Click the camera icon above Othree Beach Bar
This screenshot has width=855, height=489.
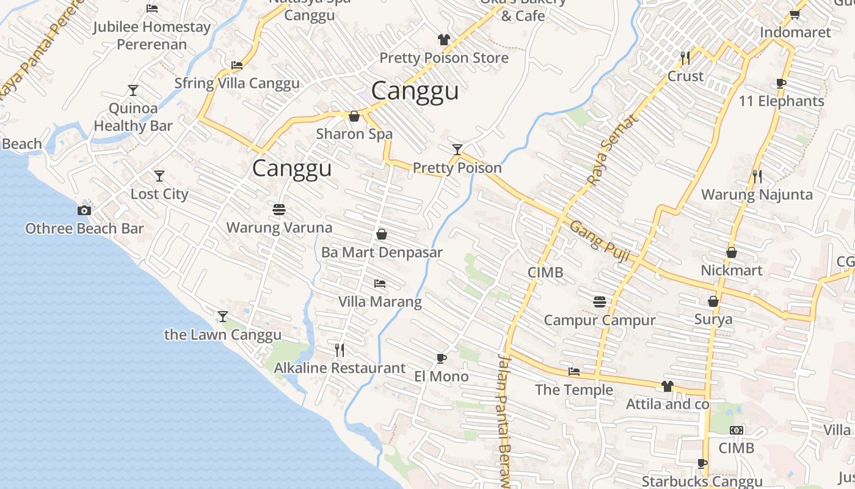coord(84,211)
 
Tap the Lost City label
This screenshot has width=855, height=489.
coord(159,194)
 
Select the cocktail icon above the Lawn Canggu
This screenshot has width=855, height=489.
coord(223,316)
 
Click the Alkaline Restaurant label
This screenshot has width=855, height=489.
coord(340,368)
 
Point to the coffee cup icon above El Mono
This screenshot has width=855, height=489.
coord(442,358)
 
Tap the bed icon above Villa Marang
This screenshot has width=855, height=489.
coord(380,284)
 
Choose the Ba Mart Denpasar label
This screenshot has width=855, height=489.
coord(382,252)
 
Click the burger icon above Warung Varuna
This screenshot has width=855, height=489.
coord(279,210)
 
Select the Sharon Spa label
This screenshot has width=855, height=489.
coord(354,134)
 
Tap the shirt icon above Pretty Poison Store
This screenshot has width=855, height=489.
coord(444,40)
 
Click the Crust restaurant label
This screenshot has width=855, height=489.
coord(685,76)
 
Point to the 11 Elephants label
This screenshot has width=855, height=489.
coord(782,101)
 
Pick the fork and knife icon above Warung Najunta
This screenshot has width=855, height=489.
coord(757,177)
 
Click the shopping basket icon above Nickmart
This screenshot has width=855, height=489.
coord(732,252)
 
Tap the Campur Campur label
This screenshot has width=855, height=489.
coord(600,320)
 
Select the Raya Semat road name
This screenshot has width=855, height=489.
coord(613,150)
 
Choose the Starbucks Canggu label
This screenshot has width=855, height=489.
coord(702,482)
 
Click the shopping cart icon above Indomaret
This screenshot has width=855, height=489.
coord(795,14)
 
